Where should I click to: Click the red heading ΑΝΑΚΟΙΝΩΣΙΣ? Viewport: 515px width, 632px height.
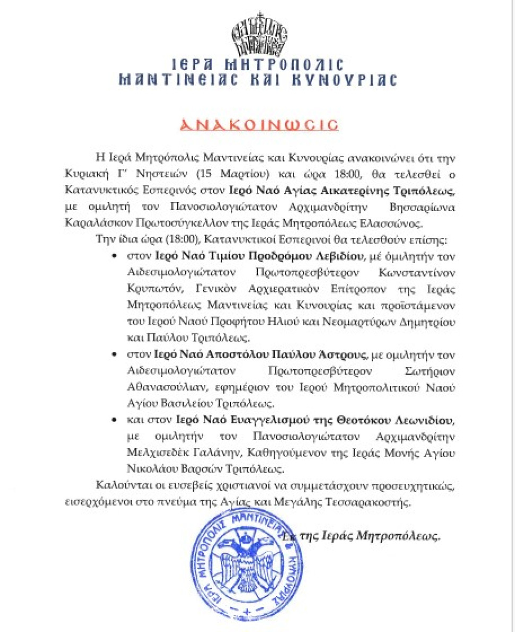[258, 124]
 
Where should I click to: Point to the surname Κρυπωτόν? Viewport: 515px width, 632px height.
[147, 288]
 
